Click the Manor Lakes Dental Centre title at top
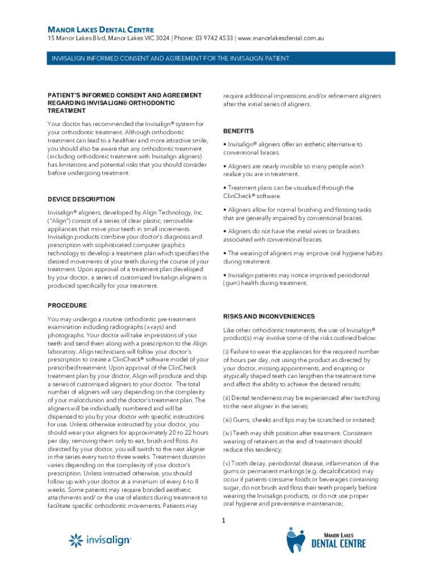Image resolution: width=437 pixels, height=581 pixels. [x=100, y=29]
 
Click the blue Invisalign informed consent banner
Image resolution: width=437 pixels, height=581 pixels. [x=218, y=58]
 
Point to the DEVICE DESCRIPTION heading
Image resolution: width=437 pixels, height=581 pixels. [x=81, y=199]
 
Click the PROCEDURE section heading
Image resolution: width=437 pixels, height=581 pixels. [x=68, y=305]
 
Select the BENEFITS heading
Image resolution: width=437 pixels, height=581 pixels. [x=238, y=131]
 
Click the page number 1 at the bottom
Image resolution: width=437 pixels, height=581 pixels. [x=224, y=521]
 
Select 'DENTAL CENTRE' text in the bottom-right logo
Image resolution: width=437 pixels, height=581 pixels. [x=339, y=544]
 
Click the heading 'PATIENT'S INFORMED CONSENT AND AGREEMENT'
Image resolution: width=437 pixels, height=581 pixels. [x=125, y=95]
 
